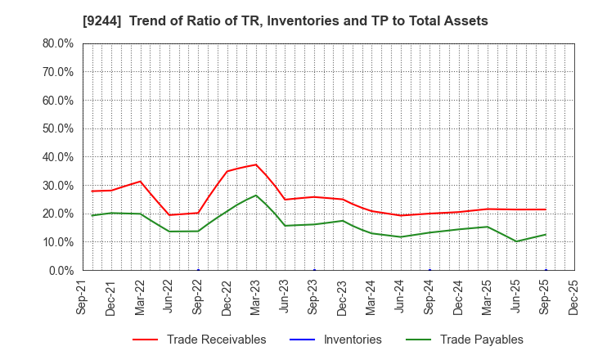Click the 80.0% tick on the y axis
point(58,43)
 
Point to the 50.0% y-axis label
point(58,128)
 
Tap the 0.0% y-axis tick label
point(61,270)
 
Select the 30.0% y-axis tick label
point(58,185)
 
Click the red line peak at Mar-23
point(256,164)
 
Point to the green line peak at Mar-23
point(256,195)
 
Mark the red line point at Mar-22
point(140,182)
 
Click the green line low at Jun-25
point(516,241)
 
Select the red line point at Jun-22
point(169,215)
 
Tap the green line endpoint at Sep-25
point(546,235)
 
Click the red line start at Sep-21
point(92,191)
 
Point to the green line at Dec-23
point(343,221)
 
